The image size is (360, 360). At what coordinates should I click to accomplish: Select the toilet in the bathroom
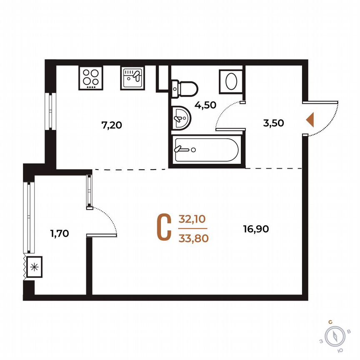pos(185,88)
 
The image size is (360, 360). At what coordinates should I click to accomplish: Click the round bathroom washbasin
pos(180,117)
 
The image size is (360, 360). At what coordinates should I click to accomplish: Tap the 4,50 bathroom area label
pos(206,105)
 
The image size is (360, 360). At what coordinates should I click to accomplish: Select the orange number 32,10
pos(193,219)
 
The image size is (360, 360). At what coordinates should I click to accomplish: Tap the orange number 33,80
pos(193,238)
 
